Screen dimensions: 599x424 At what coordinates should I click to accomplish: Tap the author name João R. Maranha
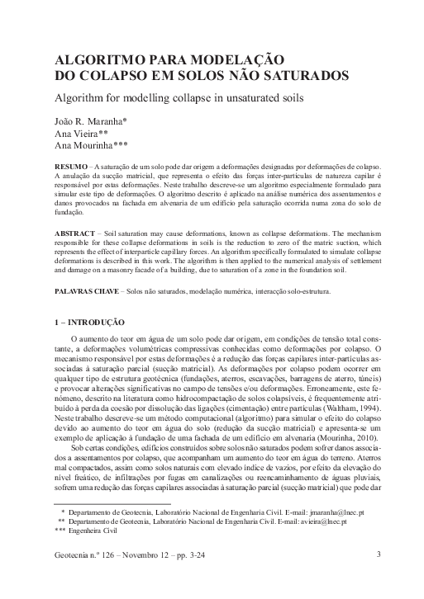(x=89, y=121)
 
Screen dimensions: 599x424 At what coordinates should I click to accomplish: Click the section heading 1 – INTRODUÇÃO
(x=89, y=322)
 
